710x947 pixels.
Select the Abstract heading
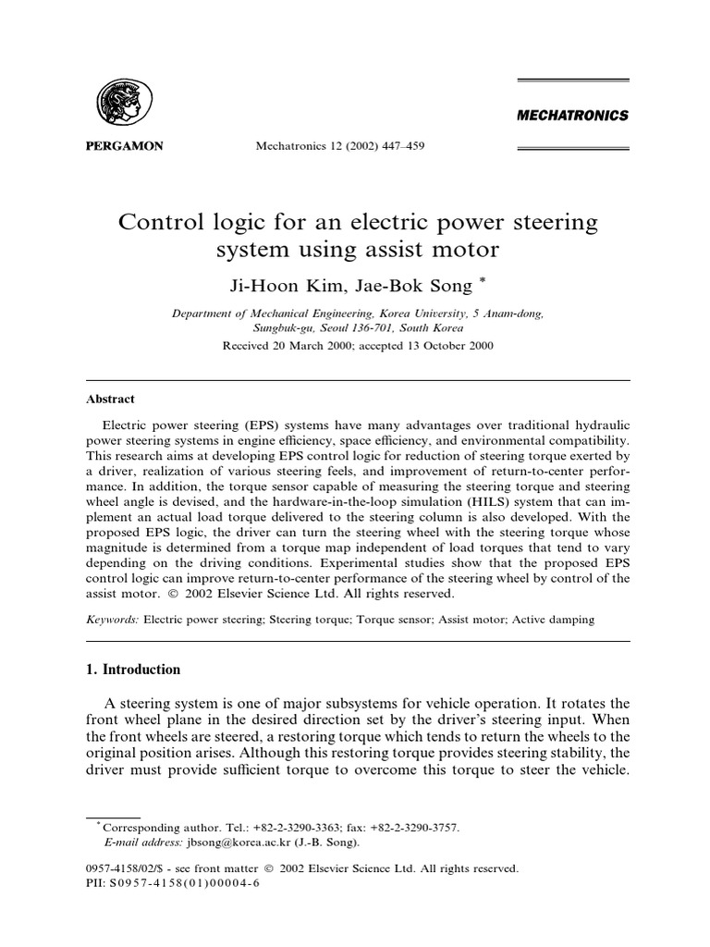110,399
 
